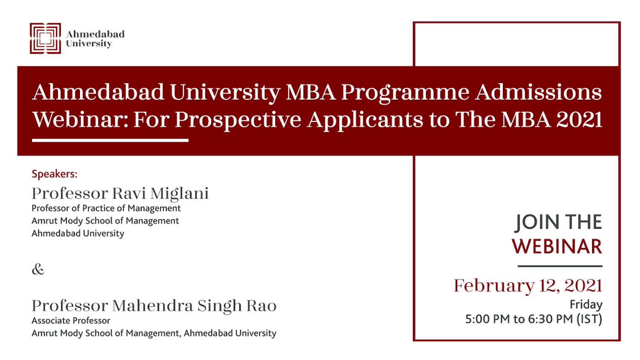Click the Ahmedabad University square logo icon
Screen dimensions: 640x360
[45, 38]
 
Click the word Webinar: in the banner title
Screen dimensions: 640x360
[80, 119]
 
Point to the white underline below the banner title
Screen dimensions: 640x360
[110, 140]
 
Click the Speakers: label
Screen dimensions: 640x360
[54, 174]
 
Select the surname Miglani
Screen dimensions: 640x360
[179, 194]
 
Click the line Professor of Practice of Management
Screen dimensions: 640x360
[106, 208]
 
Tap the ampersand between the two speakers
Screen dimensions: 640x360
[38, 269]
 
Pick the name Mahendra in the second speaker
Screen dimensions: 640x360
[153, 306]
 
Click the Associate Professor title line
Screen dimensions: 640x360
[71, 321]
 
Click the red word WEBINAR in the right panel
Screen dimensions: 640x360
[557, 246]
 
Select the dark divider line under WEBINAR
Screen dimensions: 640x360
[560, 266]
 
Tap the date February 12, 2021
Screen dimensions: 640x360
[528, 286]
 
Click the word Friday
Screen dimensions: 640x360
[586, 305]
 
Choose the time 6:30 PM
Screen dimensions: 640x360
[550, 319]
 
